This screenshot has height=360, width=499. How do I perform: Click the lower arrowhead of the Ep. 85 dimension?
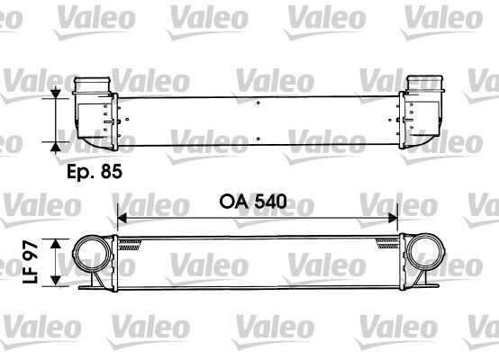[x=59, y=145]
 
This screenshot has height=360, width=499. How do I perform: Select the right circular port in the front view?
[x=423, y=261]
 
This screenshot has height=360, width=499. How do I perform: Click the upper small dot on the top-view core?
[x=259, y=103]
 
